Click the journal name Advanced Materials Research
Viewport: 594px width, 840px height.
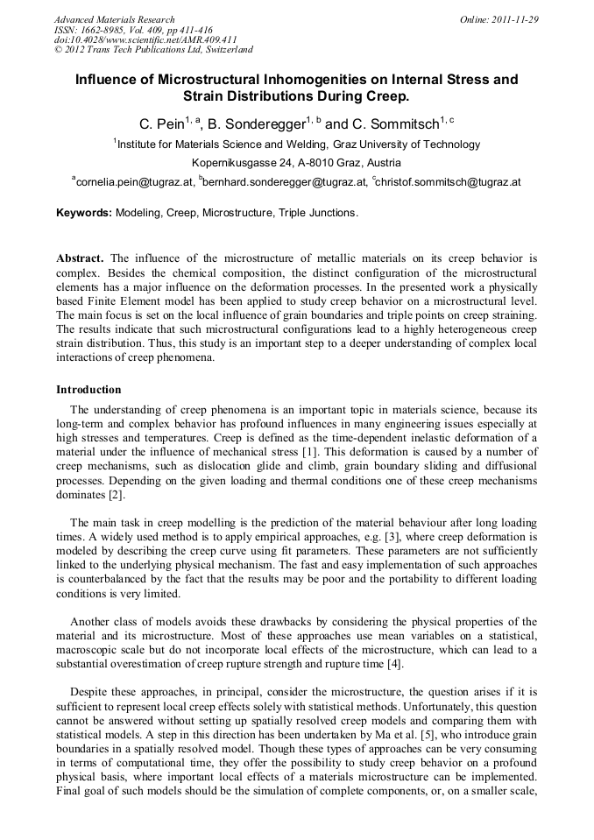tap(114, 19)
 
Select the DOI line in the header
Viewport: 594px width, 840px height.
tap(145, 39)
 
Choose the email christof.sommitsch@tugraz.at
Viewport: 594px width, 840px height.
tap(449, 182)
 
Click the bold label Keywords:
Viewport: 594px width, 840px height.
tap(84, 213)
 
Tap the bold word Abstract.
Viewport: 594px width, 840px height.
tap(80, 258)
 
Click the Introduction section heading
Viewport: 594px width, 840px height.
tap(88, 389)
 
